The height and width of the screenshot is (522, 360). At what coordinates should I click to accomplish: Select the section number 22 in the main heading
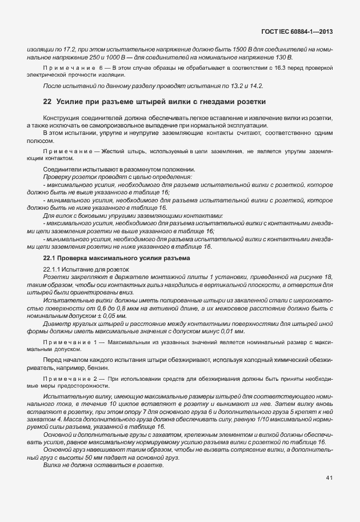click(47, 102)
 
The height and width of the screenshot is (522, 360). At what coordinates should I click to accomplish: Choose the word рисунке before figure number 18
click(311, 276)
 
